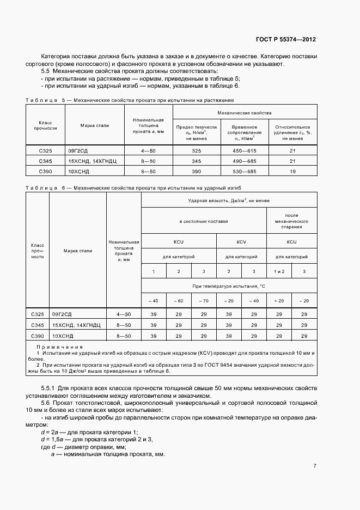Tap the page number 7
pyautogui.click(x=315, y=465)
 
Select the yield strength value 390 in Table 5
pyautogui.click(x=197, y=171)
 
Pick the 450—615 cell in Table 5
pyautogui.click(x=246, y=150)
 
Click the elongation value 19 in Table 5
pyautogui.click(x=292, y=171)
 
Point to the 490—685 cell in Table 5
pyautogui.click(x=246, y=161)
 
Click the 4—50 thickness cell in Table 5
pyautogui.click(x=149, y=150)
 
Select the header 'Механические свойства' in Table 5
pyautogui.click(x=245, y=113)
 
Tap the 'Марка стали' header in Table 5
pyautogui.click(x=95, y=125)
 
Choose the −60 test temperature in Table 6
pyautogui.click(x=178, y=301)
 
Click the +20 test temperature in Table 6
pyautogui.click(x=278, y=301)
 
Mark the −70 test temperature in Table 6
pyautogui.click(x=204, y=301)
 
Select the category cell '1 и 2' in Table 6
pyautogui.click(x=278, y=271)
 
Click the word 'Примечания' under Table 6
pyautogui.click(x=59, y=347)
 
